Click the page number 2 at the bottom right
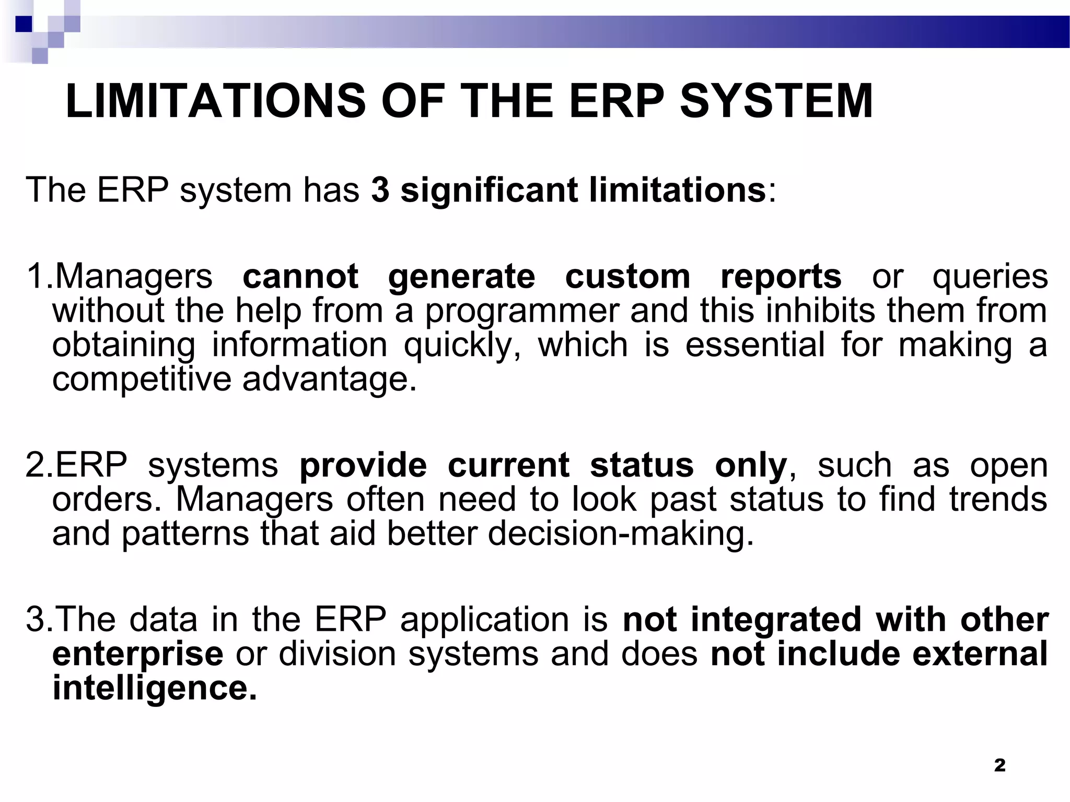999,765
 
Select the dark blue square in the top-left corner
24,24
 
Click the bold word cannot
300,276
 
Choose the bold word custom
627,276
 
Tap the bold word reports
781,276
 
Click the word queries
990,277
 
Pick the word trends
998,499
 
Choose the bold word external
980,654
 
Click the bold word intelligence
155,688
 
